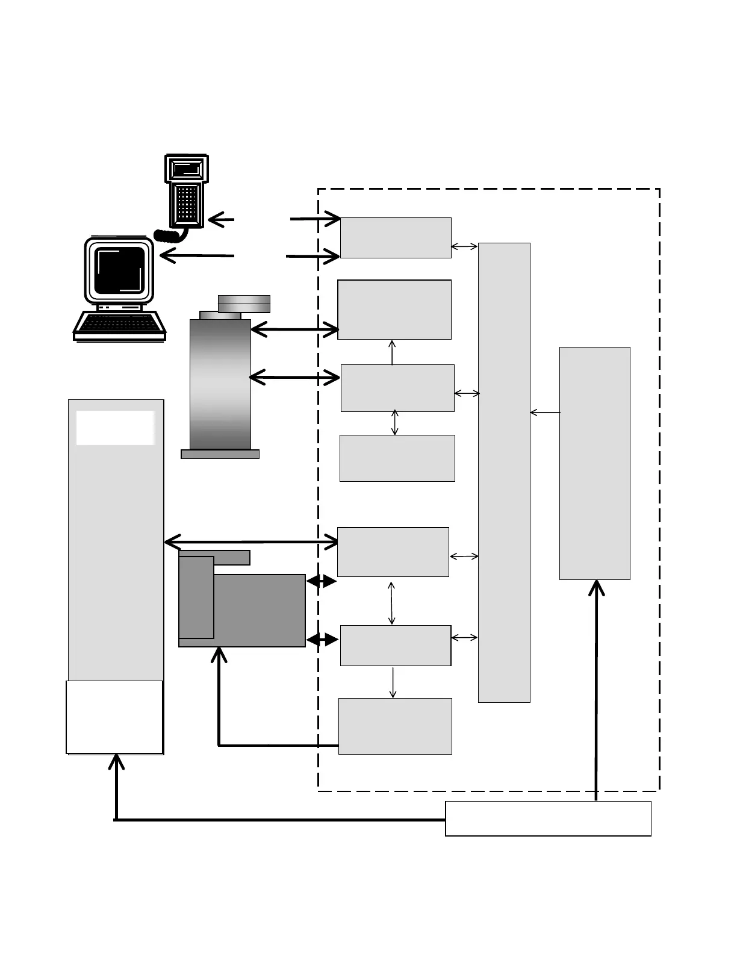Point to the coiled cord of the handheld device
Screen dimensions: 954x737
[x=170, y=234]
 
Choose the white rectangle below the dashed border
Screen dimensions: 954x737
[x=548, y=818]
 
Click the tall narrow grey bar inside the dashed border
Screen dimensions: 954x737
[x=504, y=472]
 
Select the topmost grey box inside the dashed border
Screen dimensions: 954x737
[x=396, y=238]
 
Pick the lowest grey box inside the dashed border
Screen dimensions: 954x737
[x=395, y=726]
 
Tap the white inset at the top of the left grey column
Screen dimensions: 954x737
[x=115, y=428]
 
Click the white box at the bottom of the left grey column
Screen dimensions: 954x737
[x=114, y=717]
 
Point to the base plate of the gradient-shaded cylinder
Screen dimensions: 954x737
[x=220, y=454]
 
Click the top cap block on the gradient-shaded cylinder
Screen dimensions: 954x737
[x=244, y=304]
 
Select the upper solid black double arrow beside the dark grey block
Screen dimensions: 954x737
[x=322, y=581]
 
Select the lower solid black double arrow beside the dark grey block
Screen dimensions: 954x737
[x=322, y=640]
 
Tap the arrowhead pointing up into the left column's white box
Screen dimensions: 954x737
[x=116, y=761]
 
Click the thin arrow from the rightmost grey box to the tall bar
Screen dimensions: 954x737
[x=544, y=413]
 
